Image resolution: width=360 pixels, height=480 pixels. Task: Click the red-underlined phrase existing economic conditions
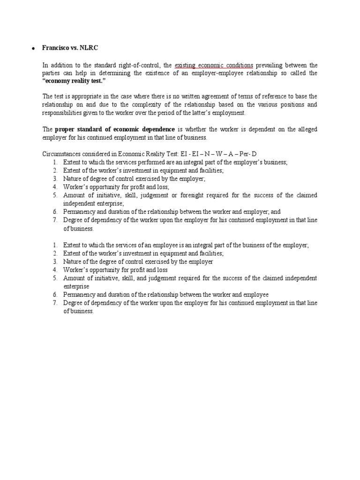[x=207, y=65]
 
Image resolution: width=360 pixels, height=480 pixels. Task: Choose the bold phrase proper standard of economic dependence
[x=115, y=129]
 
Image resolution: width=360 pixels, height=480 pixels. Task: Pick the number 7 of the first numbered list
[x=55, y=220]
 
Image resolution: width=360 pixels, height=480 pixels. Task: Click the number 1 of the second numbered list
[x=55, y=245]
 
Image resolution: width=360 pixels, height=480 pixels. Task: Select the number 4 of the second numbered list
[x=55, y=270]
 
